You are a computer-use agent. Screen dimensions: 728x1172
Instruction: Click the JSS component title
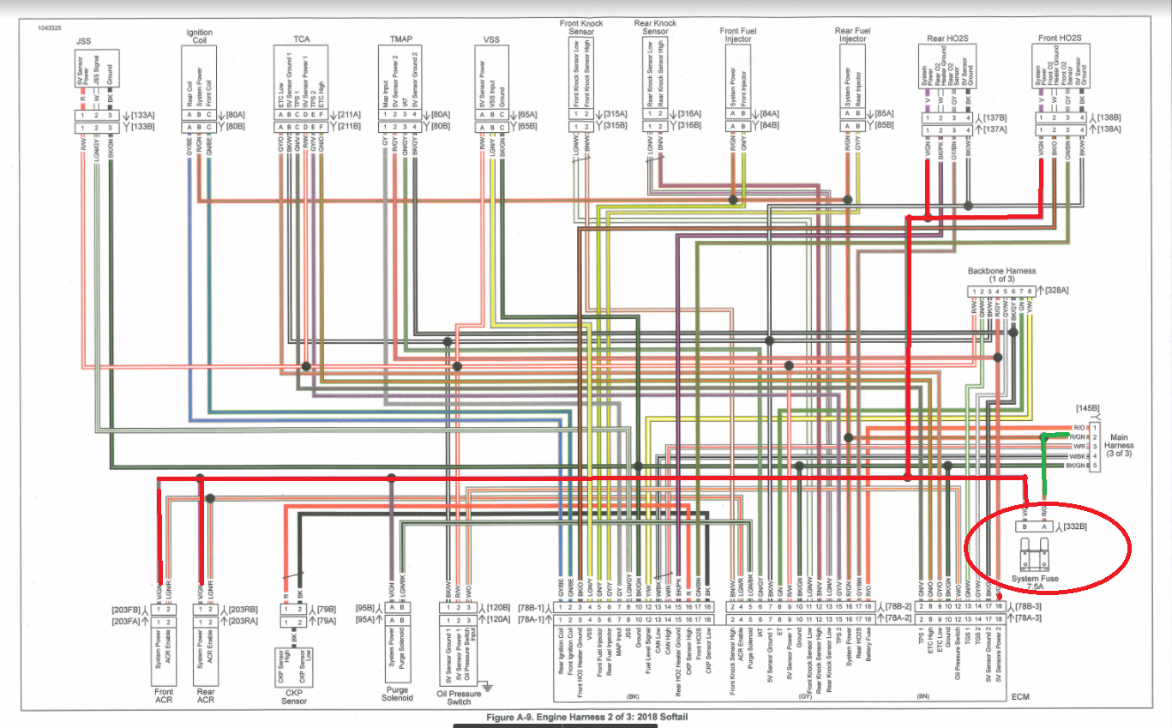(83, 40)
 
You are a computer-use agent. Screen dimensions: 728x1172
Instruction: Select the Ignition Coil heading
(199, 37)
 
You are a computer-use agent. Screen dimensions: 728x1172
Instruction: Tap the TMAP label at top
(400, 40)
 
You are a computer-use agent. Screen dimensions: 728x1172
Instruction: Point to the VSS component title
(493, 40)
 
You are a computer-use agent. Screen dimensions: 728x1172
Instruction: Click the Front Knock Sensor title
(581, 28)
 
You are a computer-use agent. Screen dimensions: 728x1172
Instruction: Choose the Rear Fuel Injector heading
(854, 35)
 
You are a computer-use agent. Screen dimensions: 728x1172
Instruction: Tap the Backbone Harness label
(1000, 274)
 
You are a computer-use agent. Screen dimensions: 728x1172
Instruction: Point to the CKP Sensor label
(294, 694)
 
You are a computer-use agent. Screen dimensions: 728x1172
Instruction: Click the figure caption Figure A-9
(586, 717)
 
